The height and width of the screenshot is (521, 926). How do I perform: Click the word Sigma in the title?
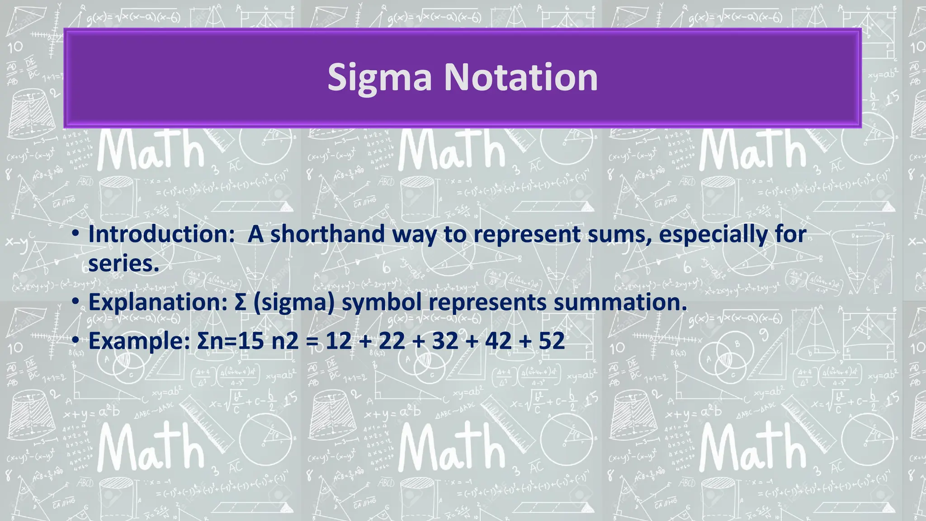pyautogui.click(x=379, y=78)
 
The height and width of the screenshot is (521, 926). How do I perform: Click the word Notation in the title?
pyautogui.click(x=521, y=77)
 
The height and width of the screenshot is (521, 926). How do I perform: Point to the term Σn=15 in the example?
pyautogui.click(x=230, y=341)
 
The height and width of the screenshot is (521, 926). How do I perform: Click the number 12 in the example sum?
pyautogui.click(x=338, y=341)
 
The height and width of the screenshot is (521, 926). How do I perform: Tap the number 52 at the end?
pyautogui.click(x=552, y=341)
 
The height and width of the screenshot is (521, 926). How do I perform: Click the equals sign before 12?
pyautogui.click(x=312, y=341)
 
